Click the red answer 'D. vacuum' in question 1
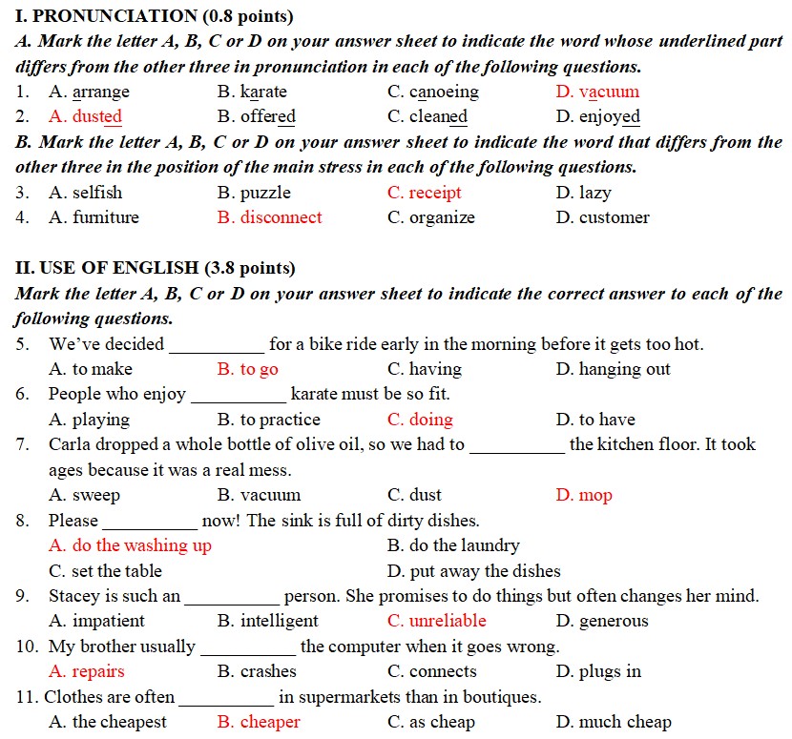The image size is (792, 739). click(x=597, y=92)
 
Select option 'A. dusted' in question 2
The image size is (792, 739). click(x=85, y=116)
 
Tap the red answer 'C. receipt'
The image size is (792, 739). click(x=424, y=193)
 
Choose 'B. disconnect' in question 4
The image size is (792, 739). click(x=269, y=217)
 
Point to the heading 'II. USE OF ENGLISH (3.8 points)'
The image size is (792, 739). click(x=156, y=268)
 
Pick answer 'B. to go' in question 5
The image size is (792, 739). click(x=247, y=369)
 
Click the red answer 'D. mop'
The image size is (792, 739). click(x=584, y=495)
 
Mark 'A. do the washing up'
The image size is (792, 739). click(x=130, y=545)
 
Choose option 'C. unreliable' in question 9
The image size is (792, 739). click(x=436, y=621)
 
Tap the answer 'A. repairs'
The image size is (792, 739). click(x=86, y=671)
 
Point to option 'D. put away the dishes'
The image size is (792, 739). click(x=473, y=571)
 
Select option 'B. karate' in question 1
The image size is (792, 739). click(x=252, y=92)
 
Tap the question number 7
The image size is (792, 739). click(x=22, y=444)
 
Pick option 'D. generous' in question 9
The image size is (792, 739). click(x=601, y=621)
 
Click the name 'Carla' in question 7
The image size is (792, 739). click(x=68, y=444)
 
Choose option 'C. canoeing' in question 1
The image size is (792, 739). click(x=433, y=92)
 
